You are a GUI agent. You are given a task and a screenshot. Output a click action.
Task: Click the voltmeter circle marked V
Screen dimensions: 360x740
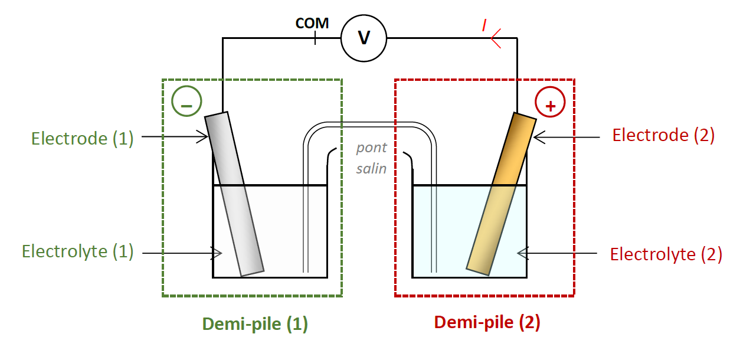pyautogui.click(x=364, y=38)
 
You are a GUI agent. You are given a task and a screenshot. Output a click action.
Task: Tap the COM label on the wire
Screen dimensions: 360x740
pyautogui.click(x=312, y=24)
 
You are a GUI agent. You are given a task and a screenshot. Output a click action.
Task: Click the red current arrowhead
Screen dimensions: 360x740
pyautogui.click(x=495, y=38)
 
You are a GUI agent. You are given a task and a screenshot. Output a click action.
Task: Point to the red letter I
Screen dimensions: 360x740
pyautogui.click(x=484, y=25)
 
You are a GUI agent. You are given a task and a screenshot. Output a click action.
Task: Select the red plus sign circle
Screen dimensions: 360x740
pyautogui.click(x=550, y=104)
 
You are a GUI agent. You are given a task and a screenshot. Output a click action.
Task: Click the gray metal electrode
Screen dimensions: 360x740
pyautogui.click(x=234, y=194)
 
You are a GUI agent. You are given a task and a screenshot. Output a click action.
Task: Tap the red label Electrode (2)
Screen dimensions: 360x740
pyautogui.click(x=663, y=135)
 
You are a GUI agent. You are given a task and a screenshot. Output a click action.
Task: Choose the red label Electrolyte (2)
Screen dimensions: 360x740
pyautogui.click(x=666, y=254)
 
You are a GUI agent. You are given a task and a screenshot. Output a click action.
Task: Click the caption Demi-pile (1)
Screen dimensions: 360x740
pyautogui.click(x=255, y=324)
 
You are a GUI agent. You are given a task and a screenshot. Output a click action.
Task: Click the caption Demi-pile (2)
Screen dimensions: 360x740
pyautogui.click(x=487, y=323)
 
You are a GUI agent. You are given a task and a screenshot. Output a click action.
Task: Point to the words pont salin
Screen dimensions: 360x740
pyautogui.click(x=372, y=158)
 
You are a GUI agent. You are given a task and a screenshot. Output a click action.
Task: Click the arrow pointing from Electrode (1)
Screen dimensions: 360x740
pyautogui.click(x=175, y=137)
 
